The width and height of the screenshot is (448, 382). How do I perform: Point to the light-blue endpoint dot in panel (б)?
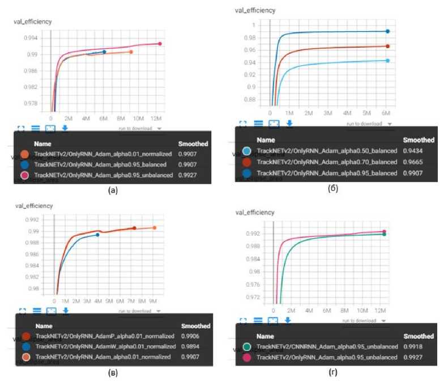tap(387, 61)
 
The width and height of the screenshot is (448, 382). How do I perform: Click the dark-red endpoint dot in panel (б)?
tap(387, 46)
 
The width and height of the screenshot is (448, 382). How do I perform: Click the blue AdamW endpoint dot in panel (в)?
tap(97, 234)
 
